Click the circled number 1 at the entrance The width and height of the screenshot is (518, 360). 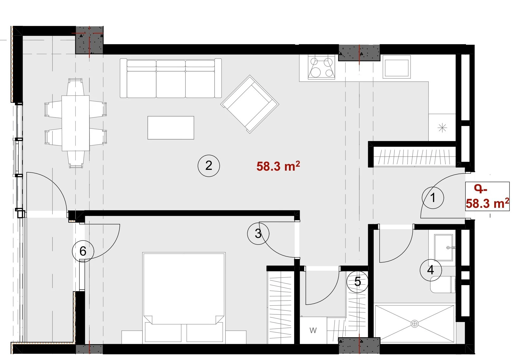[x=433, y=198]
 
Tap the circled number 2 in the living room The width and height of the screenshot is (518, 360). [x=209, y=166]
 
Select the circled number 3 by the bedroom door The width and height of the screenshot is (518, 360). [x=258, y=233]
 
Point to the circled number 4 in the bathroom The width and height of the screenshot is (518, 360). [x=431, y=270]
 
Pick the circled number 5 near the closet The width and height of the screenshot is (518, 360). [x=358, y=282]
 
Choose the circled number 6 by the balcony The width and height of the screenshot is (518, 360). [x=83, y=251]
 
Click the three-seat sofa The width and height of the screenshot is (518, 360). [x=171, y=78]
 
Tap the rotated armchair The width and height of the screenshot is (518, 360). [x=250, y=104]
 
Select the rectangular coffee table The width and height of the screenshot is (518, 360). [x=171, y=128]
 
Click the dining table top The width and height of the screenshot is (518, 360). [x=75, y=123]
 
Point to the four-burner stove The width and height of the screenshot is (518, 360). [x=322, y=68]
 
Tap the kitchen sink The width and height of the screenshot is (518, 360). [x=396, y=67]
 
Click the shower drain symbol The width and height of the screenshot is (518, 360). [x=415, y=324]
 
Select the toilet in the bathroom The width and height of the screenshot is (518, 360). [x=443, y=284]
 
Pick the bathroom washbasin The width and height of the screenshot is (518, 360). [x=444, y=248]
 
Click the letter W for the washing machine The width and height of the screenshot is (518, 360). [x=313, y=330]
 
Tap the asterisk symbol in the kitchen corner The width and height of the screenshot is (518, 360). [x=442, y=128]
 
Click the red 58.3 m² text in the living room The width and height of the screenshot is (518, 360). [x=278, y=166]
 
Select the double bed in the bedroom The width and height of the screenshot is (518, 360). [x=184, y=298]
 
